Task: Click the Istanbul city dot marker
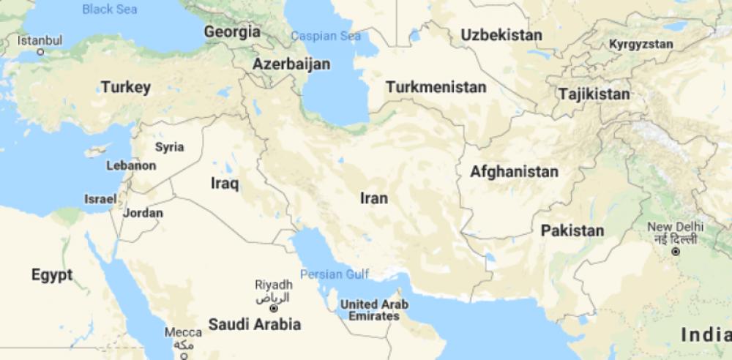(x=40, y=52)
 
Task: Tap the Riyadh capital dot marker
(x=274, y=309)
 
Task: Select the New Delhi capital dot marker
(x=675, y=251)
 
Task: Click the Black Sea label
(x=109, y=10)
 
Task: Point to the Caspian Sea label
(x=326, y=36)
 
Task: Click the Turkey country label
(x=126, y=88)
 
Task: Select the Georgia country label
(x=232, y=32)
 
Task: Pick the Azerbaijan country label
(x=291, y=64)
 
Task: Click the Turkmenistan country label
(x=436, y=87)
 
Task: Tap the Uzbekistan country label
(x=501, y=35)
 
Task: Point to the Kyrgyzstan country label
(x=640, y=45)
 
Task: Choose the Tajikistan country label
(x=594, y=94)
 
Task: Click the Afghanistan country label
(x=514, y=173)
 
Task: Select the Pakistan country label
(x=572, y=231)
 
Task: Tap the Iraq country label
(x=225, y=184)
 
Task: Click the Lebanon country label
(x=131, y=165)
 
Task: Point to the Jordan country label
(x=143, y=213)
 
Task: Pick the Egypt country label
(x=52, y=275)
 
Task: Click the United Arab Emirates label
(x=375, y=310)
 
